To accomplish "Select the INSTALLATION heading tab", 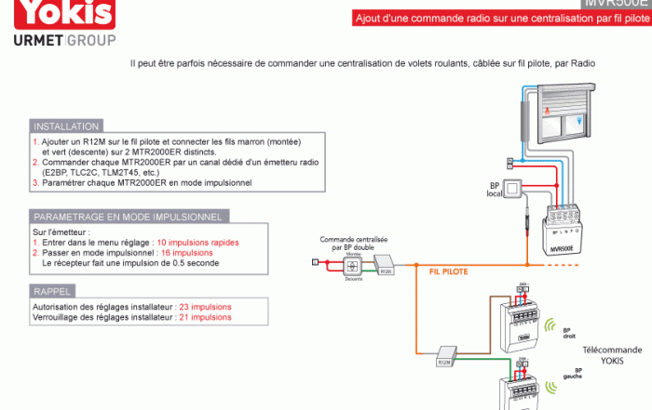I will (x=66, y=126).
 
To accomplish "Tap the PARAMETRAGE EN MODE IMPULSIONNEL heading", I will (x=129, y=217).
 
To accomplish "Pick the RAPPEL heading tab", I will (x=52, y=291).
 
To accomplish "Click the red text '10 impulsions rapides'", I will (x=197, y=242).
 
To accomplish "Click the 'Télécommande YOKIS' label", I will (x=610, y=354).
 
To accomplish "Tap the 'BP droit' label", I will (x=569, y=332).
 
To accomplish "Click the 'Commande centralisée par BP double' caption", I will (x=354, y=243).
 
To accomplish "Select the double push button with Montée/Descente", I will (x=354, y=266).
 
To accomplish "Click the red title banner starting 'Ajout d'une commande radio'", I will (x=501, y=18).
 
